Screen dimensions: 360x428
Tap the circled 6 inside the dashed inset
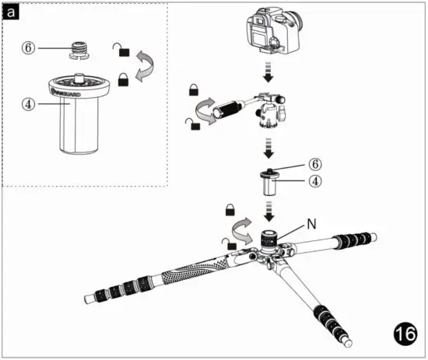pyautogui.click(x=28, y=47)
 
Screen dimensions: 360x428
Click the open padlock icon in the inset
pyautogui.click(x=120, y=50)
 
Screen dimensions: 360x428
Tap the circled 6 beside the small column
pyautogui.click(x=315, y=165)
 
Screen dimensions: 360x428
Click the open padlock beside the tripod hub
pyautogui.click(x=231, y=246)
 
